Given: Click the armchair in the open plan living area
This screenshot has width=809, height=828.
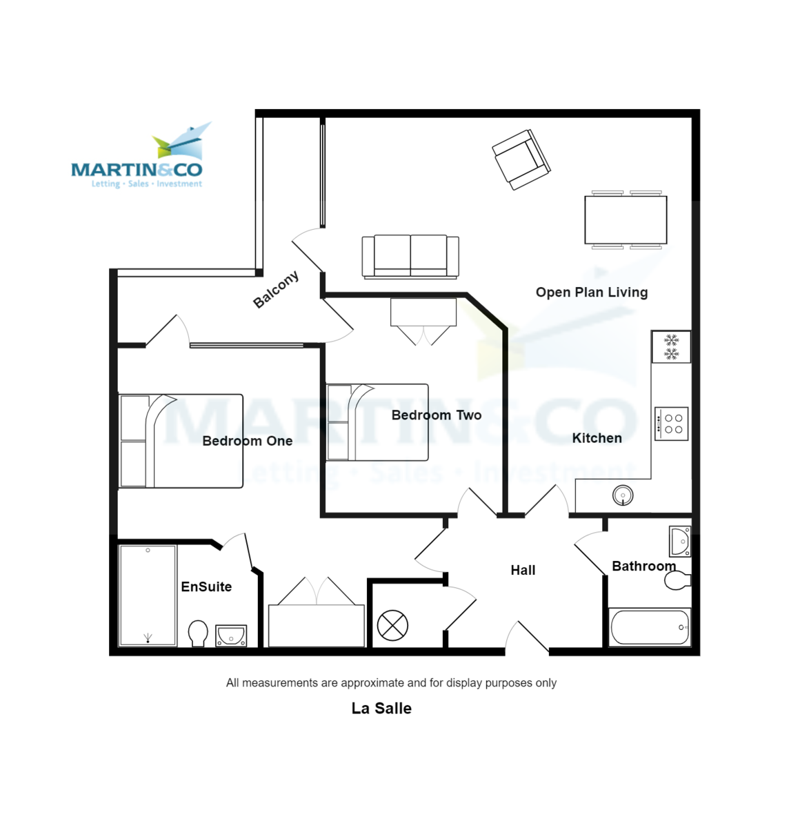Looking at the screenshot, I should (x=521, y=159).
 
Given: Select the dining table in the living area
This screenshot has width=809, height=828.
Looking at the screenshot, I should (x=626, y=220).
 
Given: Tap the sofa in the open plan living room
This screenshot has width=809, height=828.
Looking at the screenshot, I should (x=410, y=256).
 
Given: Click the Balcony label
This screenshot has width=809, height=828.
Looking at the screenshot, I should (x=276, y=289).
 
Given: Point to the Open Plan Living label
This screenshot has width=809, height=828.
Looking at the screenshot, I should (x=592, y=292).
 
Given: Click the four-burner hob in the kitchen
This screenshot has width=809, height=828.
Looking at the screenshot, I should (x=671, y=424).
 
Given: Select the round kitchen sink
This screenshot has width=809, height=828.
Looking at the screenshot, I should (x=623, y=495).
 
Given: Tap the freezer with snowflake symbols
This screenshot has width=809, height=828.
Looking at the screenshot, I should (x=671, y=346).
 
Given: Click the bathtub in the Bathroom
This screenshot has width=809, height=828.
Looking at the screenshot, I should (x=650, y=627).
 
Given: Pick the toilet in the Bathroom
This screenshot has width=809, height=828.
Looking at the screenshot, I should (x=677, y=580).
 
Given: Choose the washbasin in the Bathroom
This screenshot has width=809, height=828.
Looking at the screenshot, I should (x=680, y=542).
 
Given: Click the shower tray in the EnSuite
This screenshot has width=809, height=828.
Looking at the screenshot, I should (x=148, y=595).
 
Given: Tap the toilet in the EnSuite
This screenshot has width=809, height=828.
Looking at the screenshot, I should (x=198, y=632).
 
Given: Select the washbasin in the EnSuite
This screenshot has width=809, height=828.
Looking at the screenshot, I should (x=231, y=635).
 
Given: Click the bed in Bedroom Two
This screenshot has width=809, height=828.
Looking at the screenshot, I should (x=377, y=422).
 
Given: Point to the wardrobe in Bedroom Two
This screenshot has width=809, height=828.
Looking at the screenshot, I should (x=423, y=312).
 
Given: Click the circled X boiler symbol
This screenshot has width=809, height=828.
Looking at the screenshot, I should (x=392, y=626).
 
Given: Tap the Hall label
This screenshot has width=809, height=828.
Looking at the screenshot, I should (x=523, y=570).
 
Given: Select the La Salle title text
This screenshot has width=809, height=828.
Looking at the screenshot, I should (x=381, y=708).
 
